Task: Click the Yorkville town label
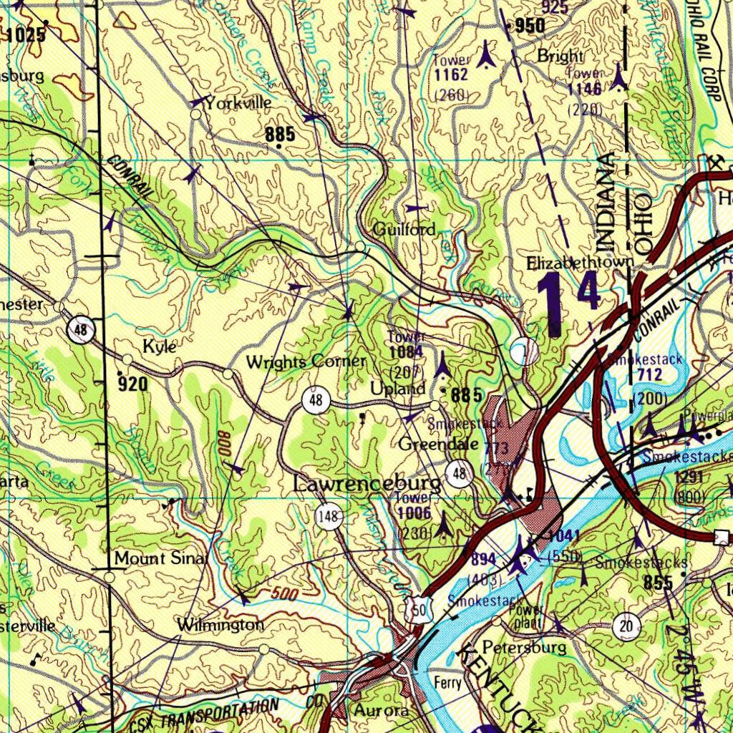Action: click(238, 103)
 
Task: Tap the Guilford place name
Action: click(404, 230)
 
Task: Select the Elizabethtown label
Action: click(580, 263)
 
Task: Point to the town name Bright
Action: click(560, 56)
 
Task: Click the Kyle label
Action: click(159, 346)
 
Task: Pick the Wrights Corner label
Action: click(306, 362)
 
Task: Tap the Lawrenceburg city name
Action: click(367, 485)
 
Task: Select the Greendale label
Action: click(438, 444)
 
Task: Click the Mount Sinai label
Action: click(161, 558)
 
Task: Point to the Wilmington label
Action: click(220, 625)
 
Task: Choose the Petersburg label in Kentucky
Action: click(523, 648)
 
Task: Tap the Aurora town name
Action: click(381, 711)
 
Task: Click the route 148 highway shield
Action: click(329, 516)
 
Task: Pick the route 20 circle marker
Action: click(626, 627)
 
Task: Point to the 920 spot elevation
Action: click(133, 384)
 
